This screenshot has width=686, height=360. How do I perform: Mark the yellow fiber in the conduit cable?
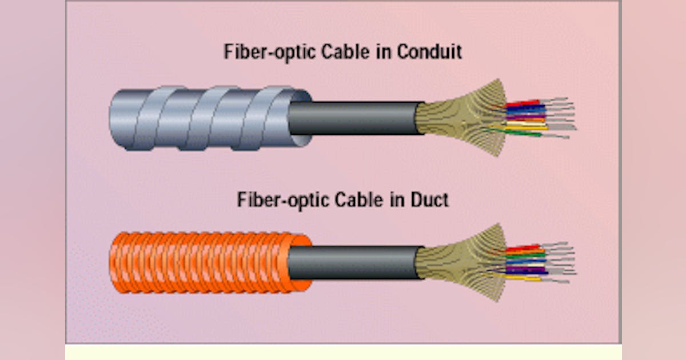[526, 127]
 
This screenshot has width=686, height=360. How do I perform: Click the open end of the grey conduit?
[300, 118]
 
